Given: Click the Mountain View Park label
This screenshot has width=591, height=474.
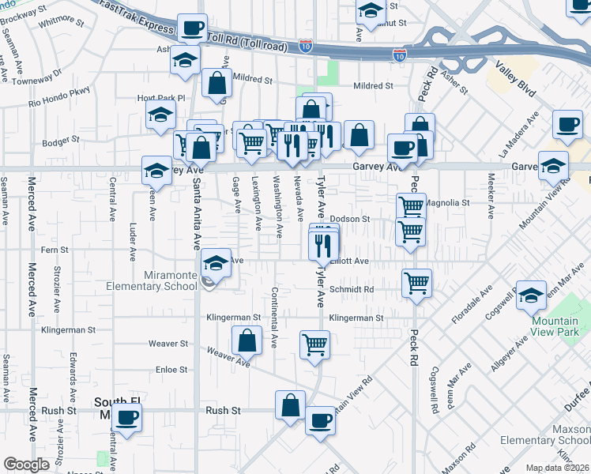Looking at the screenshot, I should point(555,326).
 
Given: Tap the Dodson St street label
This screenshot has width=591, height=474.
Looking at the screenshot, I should point(350,219).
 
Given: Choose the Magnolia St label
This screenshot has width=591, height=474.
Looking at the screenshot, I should point(447,203).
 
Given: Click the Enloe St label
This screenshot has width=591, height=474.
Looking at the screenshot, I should point(171,369).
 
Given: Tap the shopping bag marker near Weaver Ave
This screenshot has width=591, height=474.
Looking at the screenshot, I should point(247,341).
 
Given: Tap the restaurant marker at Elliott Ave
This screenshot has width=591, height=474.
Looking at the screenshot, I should point(323,246).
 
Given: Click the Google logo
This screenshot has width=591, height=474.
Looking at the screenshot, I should point(27,465).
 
